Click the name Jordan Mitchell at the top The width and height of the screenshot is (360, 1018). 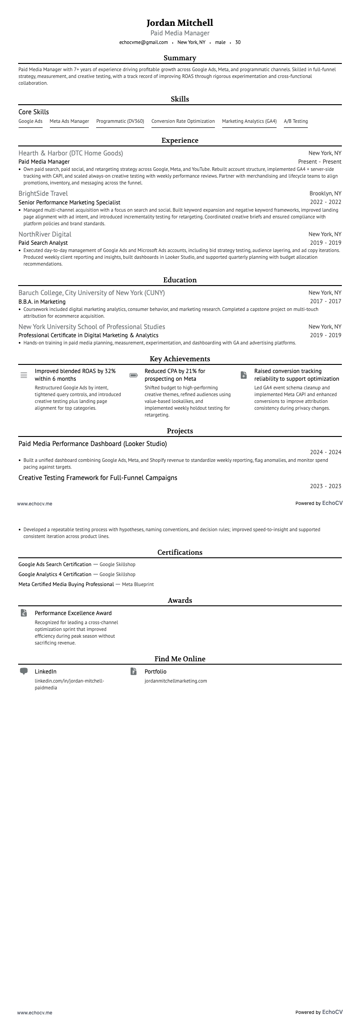(x=180, y=23)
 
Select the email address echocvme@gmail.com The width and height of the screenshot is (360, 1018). (x=143, y=43)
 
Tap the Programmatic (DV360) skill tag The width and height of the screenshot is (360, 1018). (x=120, y=121)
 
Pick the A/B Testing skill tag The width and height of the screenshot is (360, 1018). (x=296, y=121)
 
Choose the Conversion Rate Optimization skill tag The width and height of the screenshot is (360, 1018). (x=183, y=121)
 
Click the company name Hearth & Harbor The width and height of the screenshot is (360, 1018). (x=71, y=153)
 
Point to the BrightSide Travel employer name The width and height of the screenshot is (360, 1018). (x=43, y=194)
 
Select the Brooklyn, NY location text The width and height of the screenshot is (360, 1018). (x=325, y=194)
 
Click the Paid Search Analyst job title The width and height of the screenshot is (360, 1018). (x=43, y=243)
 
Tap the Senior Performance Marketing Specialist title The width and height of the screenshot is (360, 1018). (x=69, y=203)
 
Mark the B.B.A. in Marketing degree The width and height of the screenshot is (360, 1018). (x=42, y=301)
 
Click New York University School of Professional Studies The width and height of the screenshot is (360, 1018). (x=92, y=327)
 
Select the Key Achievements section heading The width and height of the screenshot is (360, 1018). (x=180, y=359)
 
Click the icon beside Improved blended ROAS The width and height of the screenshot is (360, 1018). (x=24, y=375)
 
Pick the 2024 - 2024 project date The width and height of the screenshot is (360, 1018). (x=325, y=452)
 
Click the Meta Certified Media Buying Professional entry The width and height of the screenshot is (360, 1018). (x=66, y=584)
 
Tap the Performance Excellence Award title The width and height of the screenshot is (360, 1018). (x=73, y=613)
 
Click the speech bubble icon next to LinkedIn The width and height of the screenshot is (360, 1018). (x=24, y=671)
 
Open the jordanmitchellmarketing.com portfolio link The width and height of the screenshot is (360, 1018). (x=175, y=681)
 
